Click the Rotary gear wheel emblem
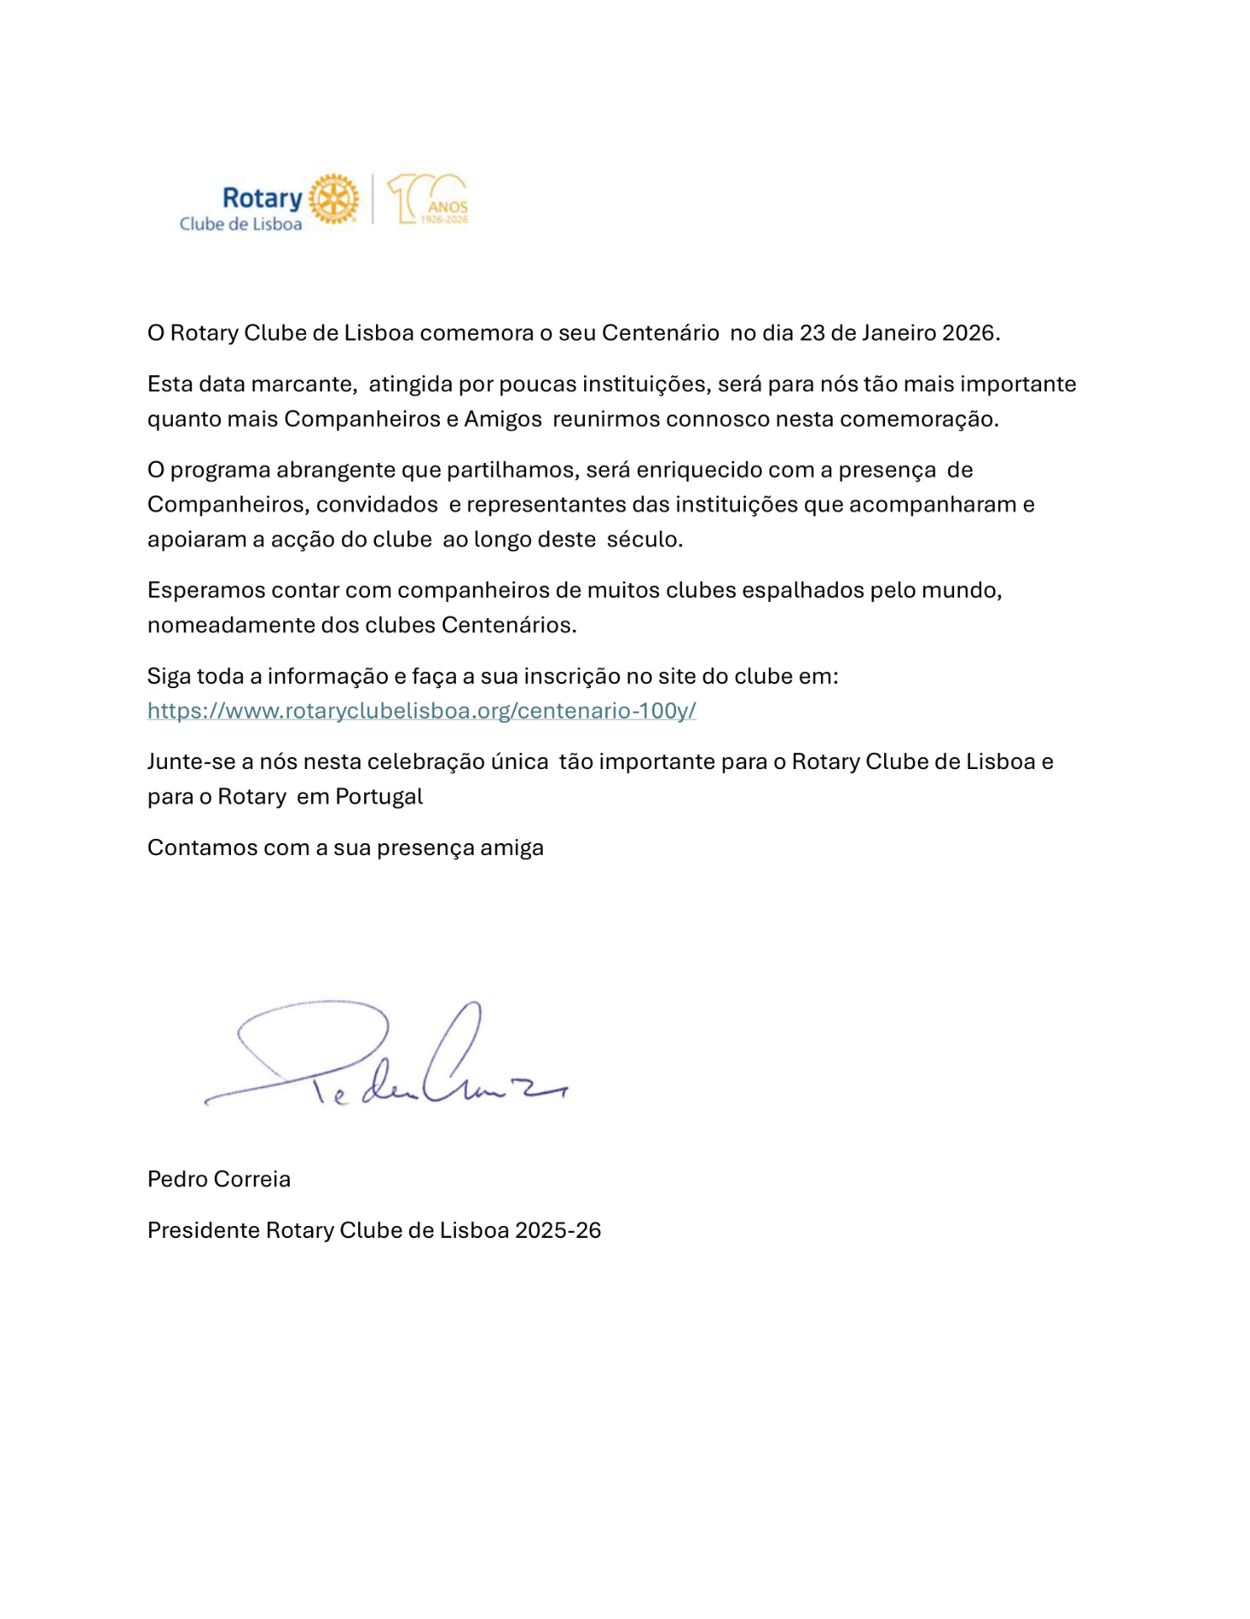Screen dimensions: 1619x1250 (334, 200)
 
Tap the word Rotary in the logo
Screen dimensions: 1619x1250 (262, 198)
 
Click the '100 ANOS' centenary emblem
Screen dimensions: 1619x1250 (428, 200)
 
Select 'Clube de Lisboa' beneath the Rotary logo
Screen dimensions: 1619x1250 (240, 224)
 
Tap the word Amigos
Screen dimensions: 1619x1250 (502, 419)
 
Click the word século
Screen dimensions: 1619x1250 (644, 540)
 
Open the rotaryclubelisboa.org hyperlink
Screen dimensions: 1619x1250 (421, 711)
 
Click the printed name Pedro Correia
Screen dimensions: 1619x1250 (219, 1180)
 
